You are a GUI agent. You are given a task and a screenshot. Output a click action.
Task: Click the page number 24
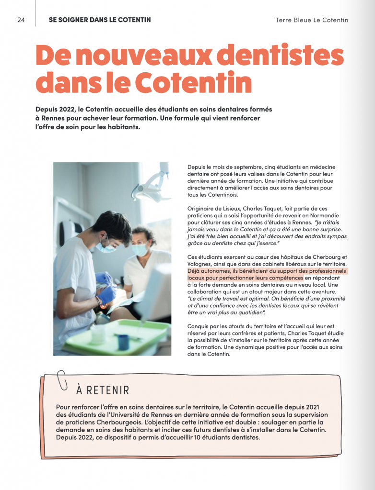click(x=21, y=20)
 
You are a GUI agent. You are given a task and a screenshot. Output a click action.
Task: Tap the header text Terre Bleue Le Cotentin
click(x=312, y=20)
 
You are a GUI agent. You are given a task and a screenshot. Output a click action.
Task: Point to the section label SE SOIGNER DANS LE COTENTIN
click(x=100, y=20)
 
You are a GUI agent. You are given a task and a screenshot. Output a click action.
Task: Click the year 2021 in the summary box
click(x=319, y=407)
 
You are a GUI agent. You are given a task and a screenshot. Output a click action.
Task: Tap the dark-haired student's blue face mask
click(x=106, y=246)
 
